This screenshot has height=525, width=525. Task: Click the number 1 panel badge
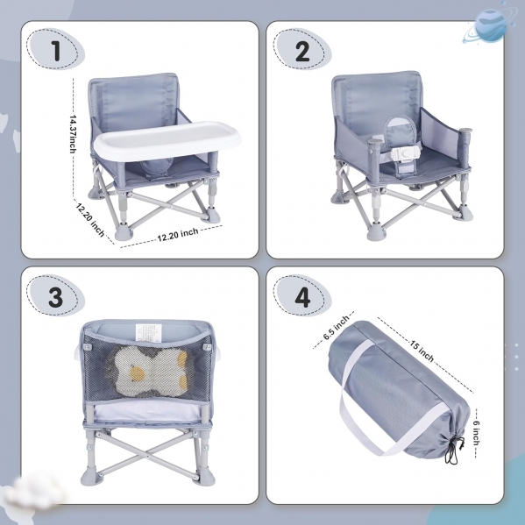point(55,49)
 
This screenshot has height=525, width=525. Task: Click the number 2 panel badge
point(302,50)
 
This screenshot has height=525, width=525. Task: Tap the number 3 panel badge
point(55,296)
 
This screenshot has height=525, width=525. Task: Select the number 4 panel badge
point(302,296)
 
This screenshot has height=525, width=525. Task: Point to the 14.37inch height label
point(73,134)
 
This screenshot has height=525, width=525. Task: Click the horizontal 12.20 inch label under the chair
point(178,234)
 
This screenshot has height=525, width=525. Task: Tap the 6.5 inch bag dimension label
point(336,328)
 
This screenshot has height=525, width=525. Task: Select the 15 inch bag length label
point(422,351)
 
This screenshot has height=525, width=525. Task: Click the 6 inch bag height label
point(476,433)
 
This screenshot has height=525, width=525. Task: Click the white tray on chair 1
point(167,140)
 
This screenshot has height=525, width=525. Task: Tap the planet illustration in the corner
point(490,25)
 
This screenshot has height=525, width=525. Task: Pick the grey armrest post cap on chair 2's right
point(465,131)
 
